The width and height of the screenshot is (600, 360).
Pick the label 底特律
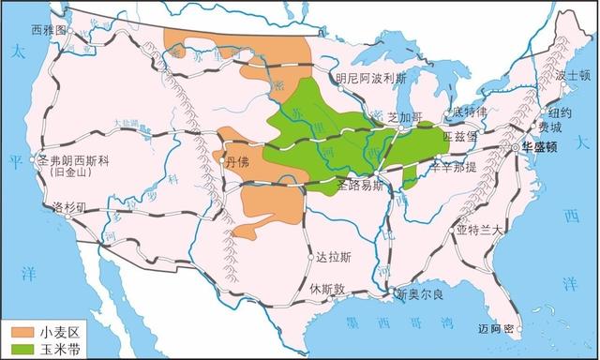[470, 112]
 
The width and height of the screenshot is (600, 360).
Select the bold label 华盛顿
[547, 147]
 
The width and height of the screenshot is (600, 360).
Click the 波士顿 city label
[571, 74]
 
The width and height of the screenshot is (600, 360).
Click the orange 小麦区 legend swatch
[19, 330]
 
